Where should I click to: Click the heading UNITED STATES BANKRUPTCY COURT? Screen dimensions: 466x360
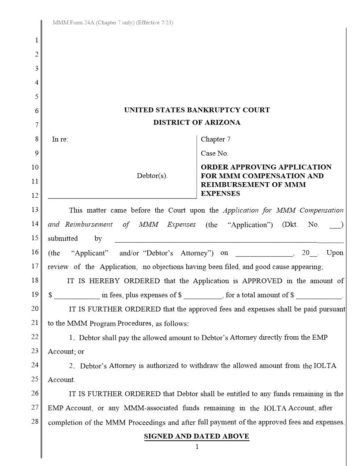197,110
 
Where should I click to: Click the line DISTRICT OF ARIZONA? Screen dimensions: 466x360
197,123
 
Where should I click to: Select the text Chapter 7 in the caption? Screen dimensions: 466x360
215,139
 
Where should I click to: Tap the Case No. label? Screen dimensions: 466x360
214,154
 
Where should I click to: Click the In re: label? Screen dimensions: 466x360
60,139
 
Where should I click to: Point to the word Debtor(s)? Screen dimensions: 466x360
152,176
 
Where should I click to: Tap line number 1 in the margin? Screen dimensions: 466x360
37,40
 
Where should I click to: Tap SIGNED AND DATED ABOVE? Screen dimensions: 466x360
197,436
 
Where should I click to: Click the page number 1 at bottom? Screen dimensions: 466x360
197,447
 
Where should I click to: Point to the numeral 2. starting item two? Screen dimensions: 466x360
72,366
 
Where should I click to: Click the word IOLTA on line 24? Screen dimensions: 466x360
325,366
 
